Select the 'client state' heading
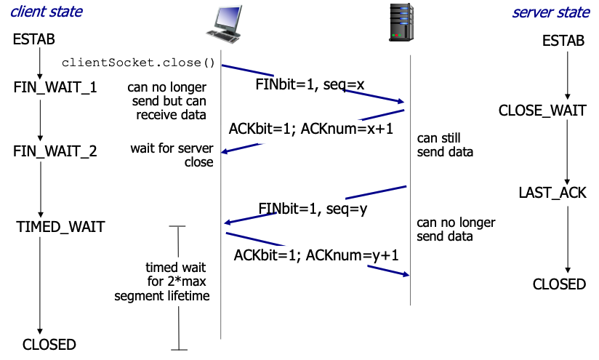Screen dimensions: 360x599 (47, 12)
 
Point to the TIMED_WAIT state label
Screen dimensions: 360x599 (60, 227)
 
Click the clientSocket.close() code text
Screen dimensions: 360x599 (138, 63)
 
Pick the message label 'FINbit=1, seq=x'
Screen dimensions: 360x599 (310, 84)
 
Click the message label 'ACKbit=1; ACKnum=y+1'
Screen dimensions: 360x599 (316, 255)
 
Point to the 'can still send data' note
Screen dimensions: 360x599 (445, 145)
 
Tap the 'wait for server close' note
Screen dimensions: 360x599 (172, 155)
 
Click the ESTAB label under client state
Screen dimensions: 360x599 (33, 40)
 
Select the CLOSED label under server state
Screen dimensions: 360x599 (559, 284)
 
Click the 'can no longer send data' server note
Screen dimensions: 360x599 (456, 229)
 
